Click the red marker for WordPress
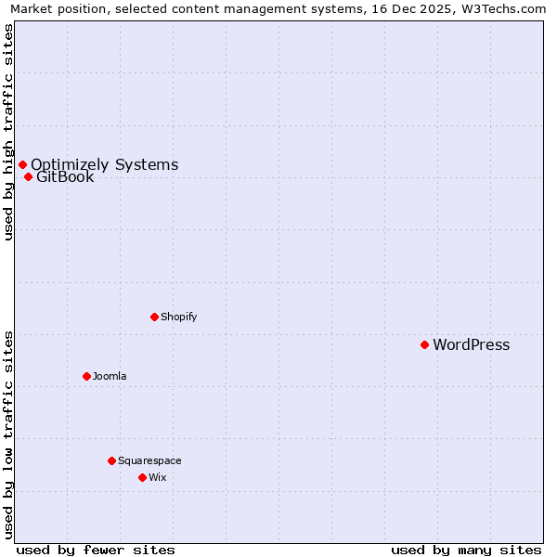(424, 344)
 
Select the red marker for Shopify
(154, 317)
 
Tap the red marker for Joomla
(86, 376)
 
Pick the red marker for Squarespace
(111, 460)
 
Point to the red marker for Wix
(142, 477)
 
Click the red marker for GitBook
(28, 176)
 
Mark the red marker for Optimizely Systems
(22, 164)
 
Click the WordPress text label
(471, 345)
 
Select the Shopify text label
(178, 317)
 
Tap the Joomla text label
(110, 376)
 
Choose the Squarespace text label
(149, 460)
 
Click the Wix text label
(157, 477)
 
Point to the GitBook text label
(65, 177)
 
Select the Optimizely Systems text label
(104, 165)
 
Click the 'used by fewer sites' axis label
(96, 550)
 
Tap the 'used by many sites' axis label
(466, 550)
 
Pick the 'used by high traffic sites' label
(8, 132)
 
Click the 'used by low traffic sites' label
(8, 434)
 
